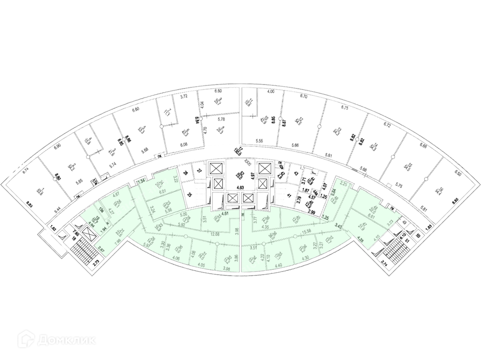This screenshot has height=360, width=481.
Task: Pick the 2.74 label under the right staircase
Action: pyautogui.click(x=385, y=264)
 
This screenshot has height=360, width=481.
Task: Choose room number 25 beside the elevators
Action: pyautogui.click(x=190, y=193)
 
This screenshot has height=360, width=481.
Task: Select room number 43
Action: pyautogui.click(x=296, y=174)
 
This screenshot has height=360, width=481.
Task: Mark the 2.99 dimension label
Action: pyautogui.click(x=311, y=212)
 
